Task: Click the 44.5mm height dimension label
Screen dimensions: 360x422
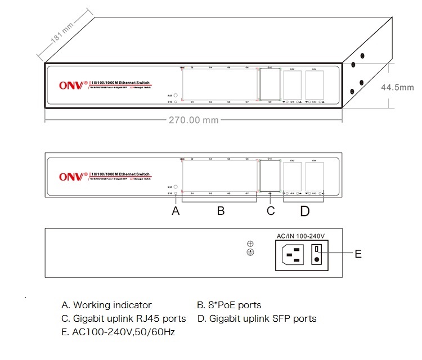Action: [x=397, y=87]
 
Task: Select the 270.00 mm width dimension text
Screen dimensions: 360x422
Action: [x=193, y=120]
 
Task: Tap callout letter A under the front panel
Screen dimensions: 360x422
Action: [x=176, y=211]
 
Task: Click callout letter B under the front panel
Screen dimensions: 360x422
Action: [x=221, y=211]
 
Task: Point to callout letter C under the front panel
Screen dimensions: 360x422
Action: [x=271, y=211]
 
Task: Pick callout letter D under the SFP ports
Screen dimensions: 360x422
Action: [x=304, y=211]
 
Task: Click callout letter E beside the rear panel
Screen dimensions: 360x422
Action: [x=358, y=254]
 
